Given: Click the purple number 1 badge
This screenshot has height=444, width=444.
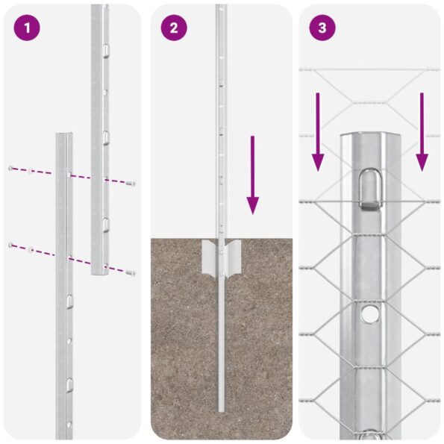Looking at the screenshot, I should click(26, 28).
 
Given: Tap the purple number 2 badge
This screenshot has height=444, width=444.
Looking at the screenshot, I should click(174, 28).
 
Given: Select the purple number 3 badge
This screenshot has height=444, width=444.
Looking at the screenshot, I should click(322, 28).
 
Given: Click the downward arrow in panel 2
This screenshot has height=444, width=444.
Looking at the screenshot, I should click(253, 175).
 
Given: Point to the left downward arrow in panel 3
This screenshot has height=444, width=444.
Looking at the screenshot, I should click(318, 131).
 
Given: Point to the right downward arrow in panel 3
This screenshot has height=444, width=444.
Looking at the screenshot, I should click(422, 131).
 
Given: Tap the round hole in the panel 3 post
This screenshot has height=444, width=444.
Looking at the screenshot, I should click(370, 314).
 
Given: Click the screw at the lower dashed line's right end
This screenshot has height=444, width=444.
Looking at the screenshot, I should click(132, 273).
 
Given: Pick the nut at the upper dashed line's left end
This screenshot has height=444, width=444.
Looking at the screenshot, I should click(10, 169).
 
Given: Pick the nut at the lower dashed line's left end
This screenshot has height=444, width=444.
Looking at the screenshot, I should click(10, 245).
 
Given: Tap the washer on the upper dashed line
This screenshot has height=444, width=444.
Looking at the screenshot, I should click(30, 172).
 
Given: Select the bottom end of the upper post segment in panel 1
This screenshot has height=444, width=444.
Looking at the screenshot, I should click(100, 273).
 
